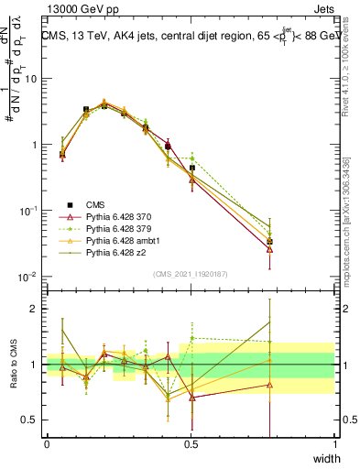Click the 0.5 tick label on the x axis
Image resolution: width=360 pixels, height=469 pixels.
(x=191, y=443)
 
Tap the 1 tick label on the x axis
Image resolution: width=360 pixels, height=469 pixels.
(x=335, y=443)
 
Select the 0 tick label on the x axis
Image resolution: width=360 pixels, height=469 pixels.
(x=47, y=443)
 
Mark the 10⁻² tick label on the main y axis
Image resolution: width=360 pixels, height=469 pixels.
(x=27, y=277)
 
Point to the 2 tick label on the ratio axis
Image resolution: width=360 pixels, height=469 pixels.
(x=35, y=309)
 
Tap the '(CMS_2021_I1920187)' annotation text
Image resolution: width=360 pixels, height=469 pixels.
(x=191, y=275)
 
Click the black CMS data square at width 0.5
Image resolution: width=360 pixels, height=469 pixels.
(x=191, y=169)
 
